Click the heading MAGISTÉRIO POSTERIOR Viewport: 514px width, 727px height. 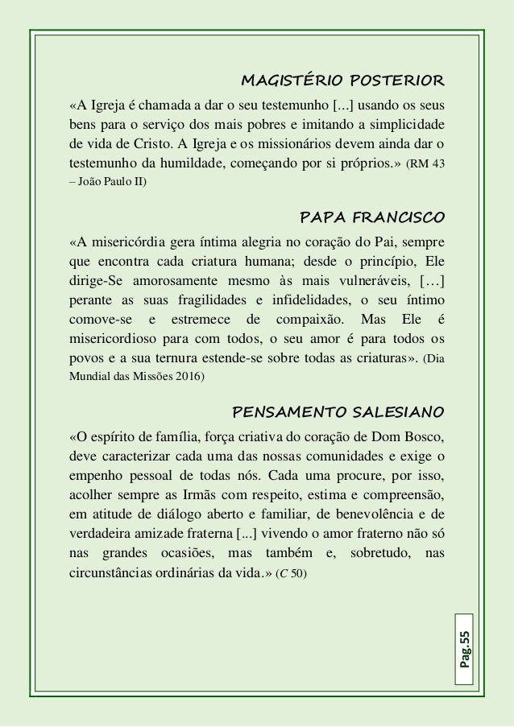(x=342, y=81)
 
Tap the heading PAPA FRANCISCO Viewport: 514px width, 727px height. (x=371, y=217)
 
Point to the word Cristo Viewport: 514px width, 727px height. (x=159, y=145)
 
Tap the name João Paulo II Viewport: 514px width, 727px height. (x=112, y=184)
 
